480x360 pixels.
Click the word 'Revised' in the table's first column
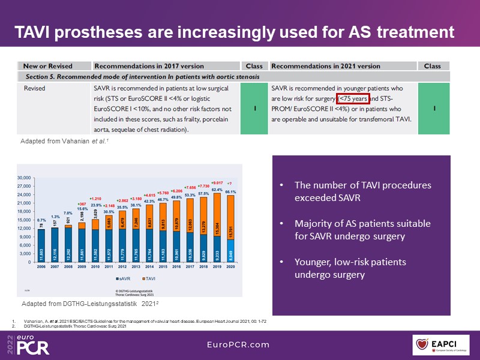click(x=35, y=88)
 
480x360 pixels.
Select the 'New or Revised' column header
click(x=47, y=66)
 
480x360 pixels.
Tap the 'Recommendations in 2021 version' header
click(x=326, y=66)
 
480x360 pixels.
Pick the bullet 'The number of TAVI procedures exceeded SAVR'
click(x=362, y=191)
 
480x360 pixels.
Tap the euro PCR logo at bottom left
click(x=29, y=344)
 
